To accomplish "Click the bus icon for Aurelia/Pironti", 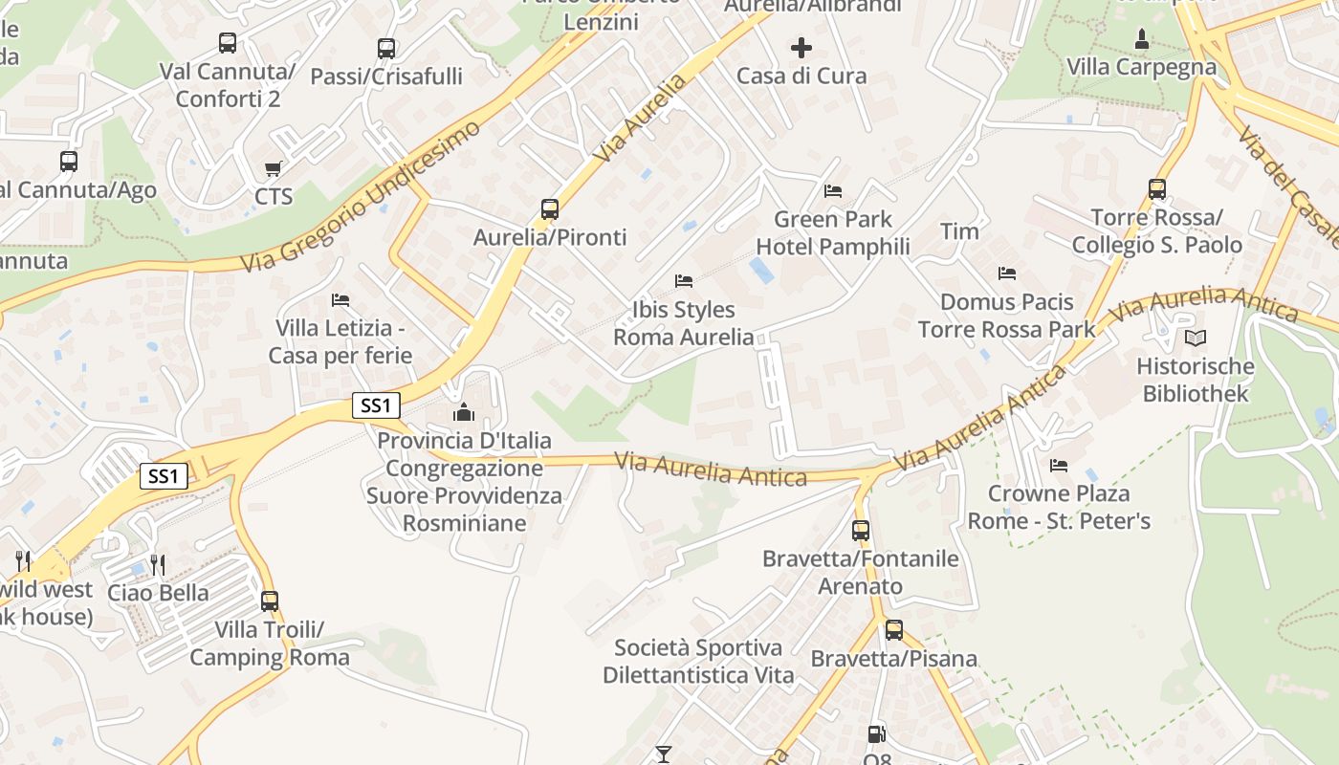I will click(549, 208).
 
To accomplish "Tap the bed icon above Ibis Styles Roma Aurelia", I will click(684, 281).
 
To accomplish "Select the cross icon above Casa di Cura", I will click(801, 47).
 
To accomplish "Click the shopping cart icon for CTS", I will click(274, 168).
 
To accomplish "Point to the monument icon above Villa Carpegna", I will click(1141, 39).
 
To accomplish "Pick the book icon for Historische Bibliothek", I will click(1196, 338).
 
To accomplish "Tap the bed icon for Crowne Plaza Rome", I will click(1059, 466).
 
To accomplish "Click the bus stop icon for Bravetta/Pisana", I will click(893, 630).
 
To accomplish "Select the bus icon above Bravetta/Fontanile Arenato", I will click(861, 530).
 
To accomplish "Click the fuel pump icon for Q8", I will click(876, 734).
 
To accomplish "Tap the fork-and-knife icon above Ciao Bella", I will click(158, 564).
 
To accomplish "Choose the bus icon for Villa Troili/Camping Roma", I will click(270, 601).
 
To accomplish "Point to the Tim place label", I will click(959, 231).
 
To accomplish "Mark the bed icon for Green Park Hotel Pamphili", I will click(833, 191).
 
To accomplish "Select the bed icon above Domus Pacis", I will click(1007, 273).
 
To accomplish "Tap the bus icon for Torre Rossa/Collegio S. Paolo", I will click(1157, 188).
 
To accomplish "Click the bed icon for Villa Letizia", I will click(340, 300).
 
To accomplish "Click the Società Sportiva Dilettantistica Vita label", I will click(698, 662).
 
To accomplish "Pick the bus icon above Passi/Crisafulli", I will click(386, 48).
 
